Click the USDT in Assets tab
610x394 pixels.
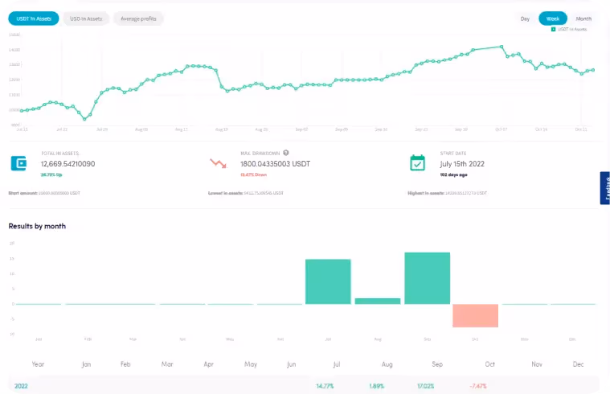[33, 18]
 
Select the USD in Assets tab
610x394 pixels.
[86, 18]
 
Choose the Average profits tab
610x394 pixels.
[138, 18]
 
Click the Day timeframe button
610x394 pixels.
[525, 18]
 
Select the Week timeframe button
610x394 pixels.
[553, 18]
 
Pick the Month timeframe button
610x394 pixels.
[583, 18]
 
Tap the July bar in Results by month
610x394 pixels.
[328, 281]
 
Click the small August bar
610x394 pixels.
[378, 301]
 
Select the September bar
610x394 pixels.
[427, 278]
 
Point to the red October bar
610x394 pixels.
[476, 315]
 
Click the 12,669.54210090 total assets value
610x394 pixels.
[68, 163]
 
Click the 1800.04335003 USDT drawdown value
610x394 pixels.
[276, 163]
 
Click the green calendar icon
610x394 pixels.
[417, 162]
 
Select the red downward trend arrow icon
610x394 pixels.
[218, 162]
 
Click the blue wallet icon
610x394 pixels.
[19, 162]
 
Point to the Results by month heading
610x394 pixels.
[37, 226]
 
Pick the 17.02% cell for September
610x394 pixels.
[427, 386]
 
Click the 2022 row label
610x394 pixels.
[23, 386]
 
